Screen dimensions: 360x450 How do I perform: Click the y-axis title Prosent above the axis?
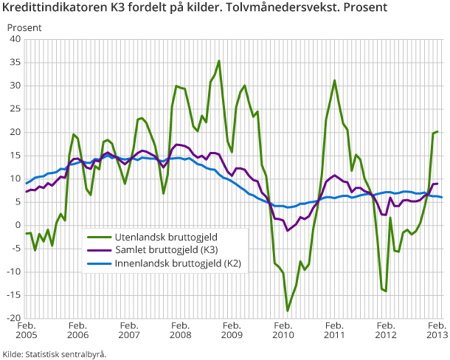tap(24, 27)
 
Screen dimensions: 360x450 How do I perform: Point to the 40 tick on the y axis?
tap(15, 39)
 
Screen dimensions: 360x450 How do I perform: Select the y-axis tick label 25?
tap(15, 109)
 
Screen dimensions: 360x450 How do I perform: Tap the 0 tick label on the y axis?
tap(18, 226)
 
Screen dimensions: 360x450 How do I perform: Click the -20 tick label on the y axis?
tap(13, 319)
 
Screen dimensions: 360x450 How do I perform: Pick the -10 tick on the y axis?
tap(13, 272)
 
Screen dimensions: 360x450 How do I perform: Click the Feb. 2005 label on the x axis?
tap(27, 331)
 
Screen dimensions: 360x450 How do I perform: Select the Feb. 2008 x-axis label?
tap(181, 331)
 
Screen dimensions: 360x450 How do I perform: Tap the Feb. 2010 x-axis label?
tap(283, 331)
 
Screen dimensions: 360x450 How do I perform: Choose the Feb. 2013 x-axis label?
tap(437, 331)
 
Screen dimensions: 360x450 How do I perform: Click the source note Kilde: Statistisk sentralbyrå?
tap(55, 354)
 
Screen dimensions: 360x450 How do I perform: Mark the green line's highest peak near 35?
tap(219, 61)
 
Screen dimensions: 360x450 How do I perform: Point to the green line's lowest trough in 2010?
tap(288, 311)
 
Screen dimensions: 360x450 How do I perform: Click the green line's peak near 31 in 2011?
tap(335, 80)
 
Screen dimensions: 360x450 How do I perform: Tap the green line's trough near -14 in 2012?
tap(386, 291)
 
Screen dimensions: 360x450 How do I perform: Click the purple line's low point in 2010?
tap(288, 231)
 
